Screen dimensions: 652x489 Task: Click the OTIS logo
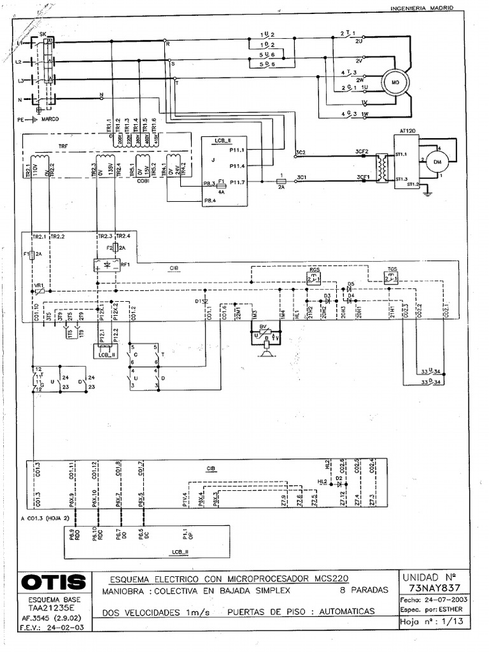[x=53, y=582]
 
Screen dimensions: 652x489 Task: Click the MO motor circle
[x=394, y=83]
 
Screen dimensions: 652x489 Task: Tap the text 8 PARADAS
[x=364, y=590]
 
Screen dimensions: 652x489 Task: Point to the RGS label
[x=315, y=269]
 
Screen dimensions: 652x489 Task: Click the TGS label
[x=391, y=269]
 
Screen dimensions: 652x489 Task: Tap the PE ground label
[x=20, y=119]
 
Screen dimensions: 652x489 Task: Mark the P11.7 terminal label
[x=237, y=182]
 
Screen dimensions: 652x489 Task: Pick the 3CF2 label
[x=363, y=152]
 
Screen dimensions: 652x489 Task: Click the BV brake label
[x=262, y=326]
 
